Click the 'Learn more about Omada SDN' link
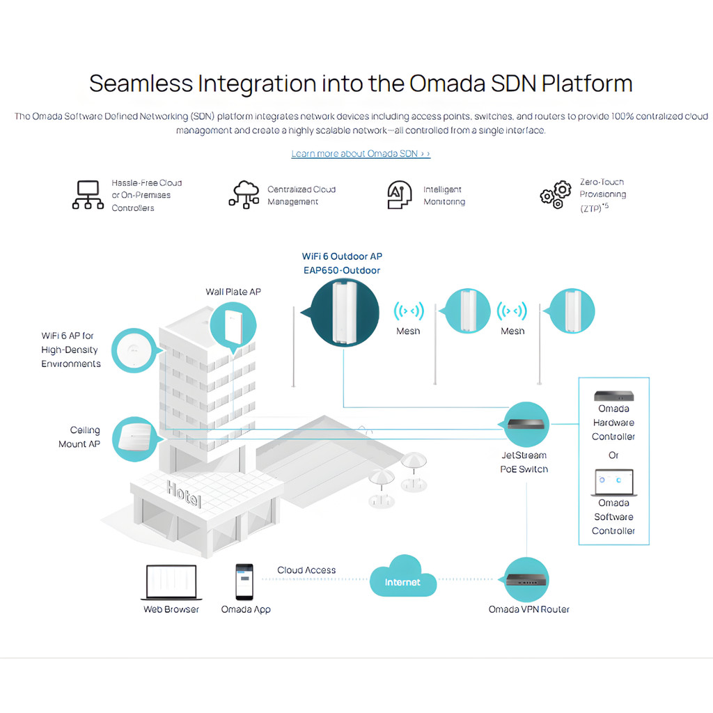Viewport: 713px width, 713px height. point(361,154)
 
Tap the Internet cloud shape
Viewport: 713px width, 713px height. point(403,577)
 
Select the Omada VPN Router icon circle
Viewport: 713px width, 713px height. point(526,580)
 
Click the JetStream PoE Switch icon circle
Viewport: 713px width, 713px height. point(526,424)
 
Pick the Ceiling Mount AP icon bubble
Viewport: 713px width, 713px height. point(136,439)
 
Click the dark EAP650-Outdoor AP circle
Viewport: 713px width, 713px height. point(344,313)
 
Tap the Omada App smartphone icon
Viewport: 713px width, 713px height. point(244,582)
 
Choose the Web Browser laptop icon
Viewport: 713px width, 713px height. point(171,583)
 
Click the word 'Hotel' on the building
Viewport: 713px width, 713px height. point(184,494)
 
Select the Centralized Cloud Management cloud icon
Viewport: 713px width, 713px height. point(244,195)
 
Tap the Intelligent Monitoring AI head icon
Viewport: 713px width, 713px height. point(399,195)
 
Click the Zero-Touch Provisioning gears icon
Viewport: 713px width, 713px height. point(556,195)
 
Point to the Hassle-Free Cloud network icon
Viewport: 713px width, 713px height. point(88,195)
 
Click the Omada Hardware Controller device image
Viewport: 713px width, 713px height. point(614,395)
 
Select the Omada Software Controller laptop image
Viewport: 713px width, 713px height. point(614,483)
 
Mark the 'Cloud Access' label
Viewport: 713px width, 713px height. point(306,570)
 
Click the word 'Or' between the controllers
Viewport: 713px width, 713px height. point(613,455)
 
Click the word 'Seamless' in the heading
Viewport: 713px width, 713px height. point(141,84)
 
